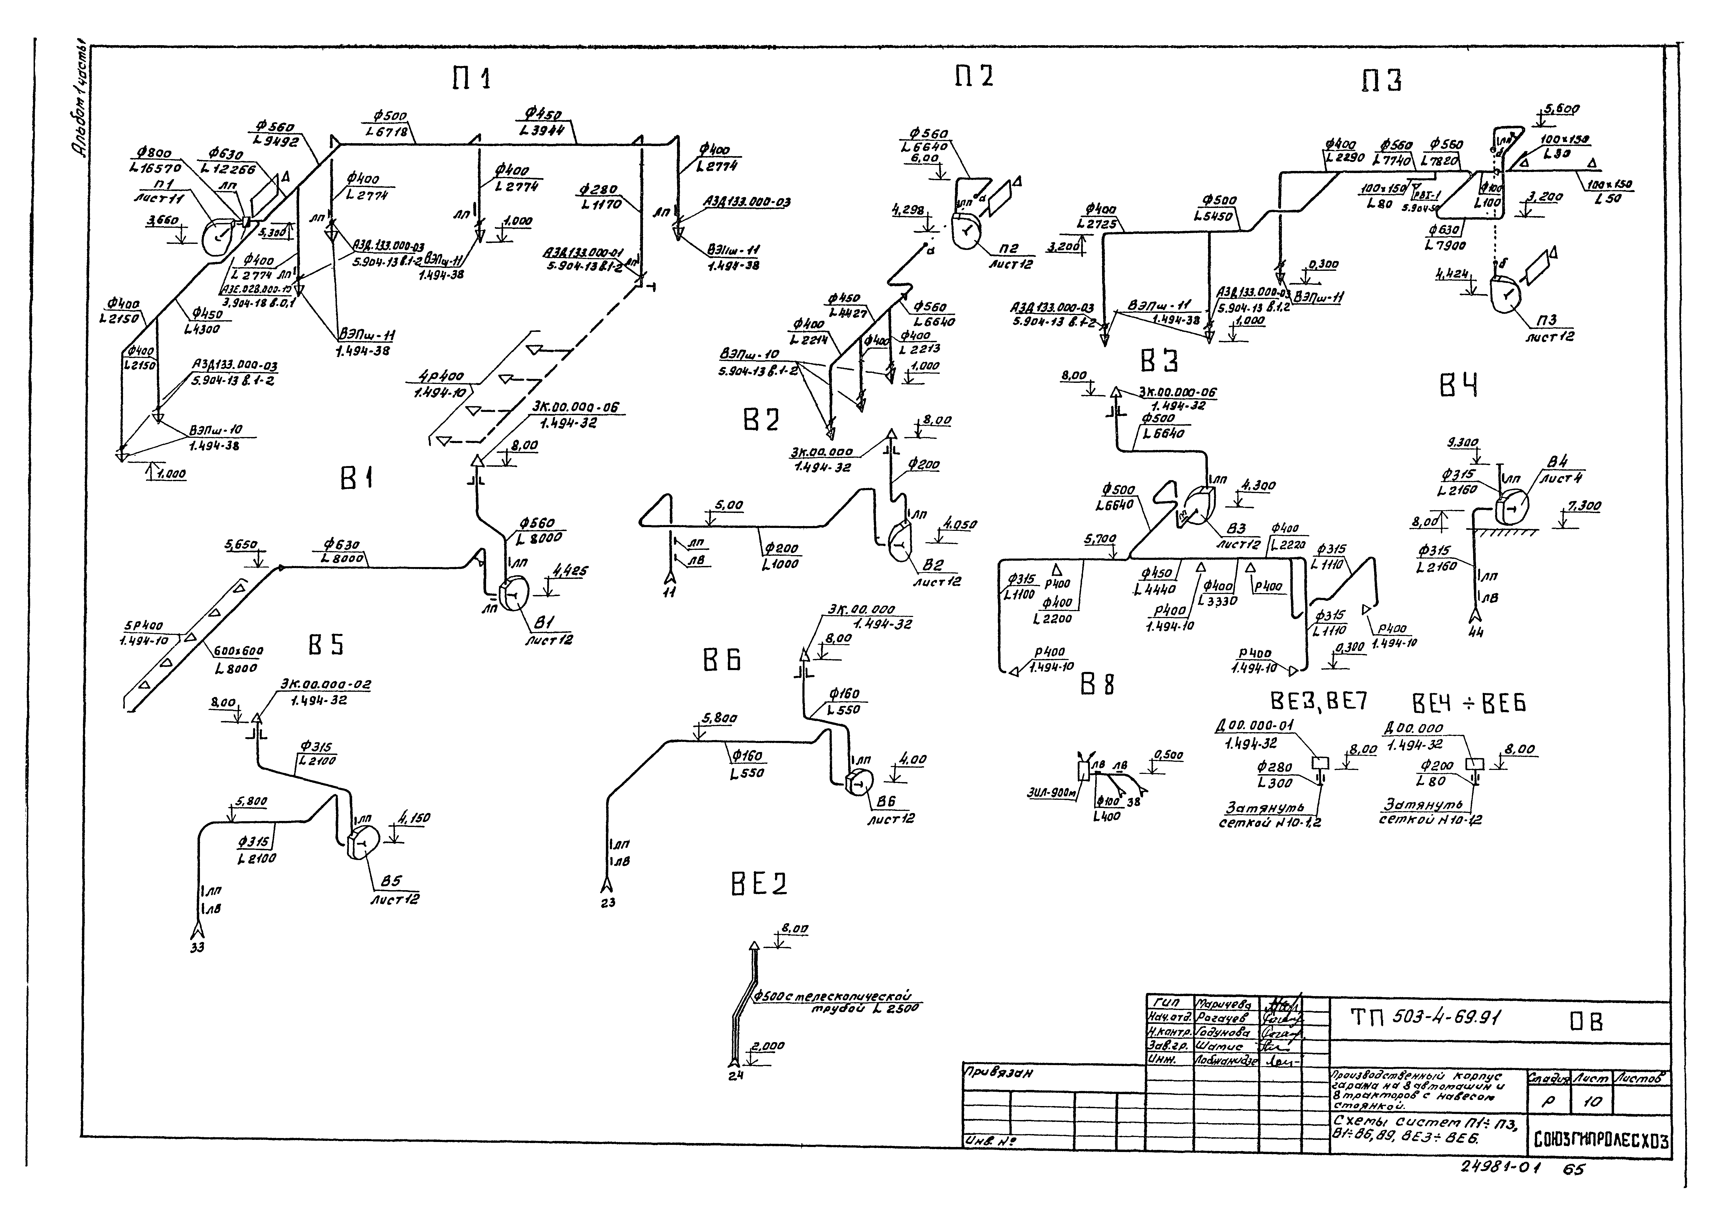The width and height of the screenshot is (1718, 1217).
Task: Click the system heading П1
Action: point(472,77)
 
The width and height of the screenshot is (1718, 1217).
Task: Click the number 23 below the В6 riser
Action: point(607,903)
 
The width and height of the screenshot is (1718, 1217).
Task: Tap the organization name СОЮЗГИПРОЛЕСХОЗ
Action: point(1600,1141)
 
